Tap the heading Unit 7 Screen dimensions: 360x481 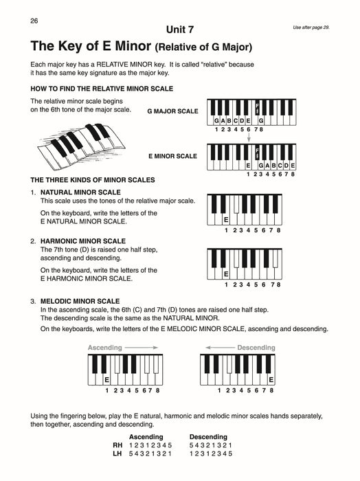coord(180,29)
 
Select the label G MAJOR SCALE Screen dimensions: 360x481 coord(172,111)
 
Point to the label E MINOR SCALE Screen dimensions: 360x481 coord(177,156)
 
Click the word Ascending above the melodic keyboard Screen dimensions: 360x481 coord(104,348)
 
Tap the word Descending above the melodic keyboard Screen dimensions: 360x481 coord(256,348)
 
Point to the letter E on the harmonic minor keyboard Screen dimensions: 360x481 coord(226,274)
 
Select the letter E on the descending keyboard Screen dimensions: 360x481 coord(271,380)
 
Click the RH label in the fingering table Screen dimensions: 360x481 coord(117,446)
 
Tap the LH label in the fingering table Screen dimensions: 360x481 coord(117,455)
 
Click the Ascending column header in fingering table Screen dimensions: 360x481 coord(146,437)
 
